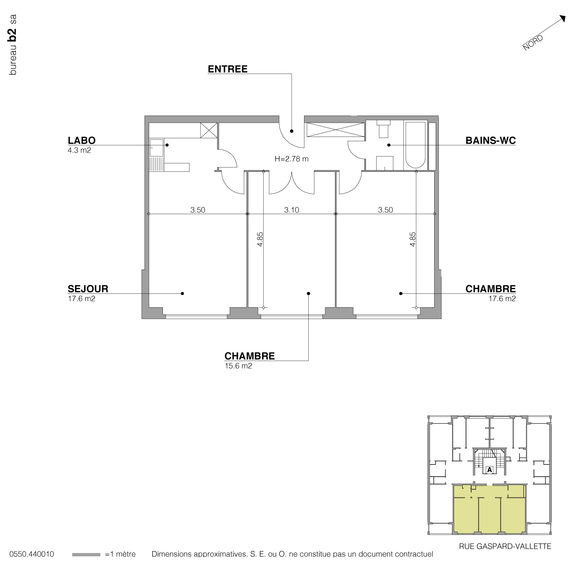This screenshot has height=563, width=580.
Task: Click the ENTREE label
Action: [228, 69]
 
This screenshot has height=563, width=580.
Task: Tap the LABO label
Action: [81, 140]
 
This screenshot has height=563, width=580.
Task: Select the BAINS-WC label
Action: [490, 140]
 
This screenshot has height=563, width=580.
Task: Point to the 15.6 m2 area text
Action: [238, 366]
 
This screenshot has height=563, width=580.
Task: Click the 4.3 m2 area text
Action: [79, 150]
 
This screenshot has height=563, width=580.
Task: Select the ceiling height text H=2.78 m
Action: [292, 159]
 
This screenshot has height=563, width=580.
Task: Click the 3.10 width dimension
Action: [292, 210]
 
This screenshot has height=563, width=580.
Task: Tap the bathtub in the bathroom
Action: [415, 145]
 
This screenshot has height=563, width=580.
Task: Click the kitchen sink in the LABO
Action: [156, 148]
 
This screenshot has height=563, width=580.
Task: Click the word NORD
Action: [533, 43]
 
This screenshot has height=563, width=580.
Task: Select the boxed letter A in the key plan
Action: [490, 470]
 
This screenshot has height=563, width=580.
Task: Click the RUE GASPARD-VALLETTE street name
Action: [505, 546]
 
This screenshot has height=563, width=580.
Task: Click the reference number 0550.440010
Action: [32, 554]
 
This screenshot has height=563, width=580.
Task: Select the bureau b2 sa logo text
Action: [13, 44]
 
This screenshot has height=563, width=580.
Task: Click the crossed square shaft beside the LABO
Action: [208, 130]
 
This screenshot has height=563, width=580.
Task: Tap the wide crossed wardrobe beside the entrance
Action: [336, 129]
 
